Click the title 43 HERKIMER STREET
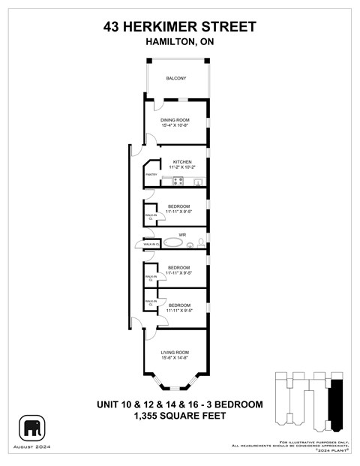[x=180, y=27]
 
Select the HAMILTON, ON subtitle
[x=180, y=42]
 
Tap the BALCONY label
[x=176, y=79]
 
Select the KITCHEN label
[x=183, y=162]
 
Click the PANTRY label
[x=151, y=174]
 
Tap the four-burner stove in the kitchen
[x=178, y=181]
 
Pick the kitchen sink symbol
[x=198, y=182]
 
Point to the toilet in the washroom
[x=200, y=243]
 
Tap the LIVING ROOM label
[x=175, y=352]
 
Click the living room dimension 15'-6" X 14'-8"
[x=175, y=358]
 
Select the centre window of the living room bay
[x=175, y=388]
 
